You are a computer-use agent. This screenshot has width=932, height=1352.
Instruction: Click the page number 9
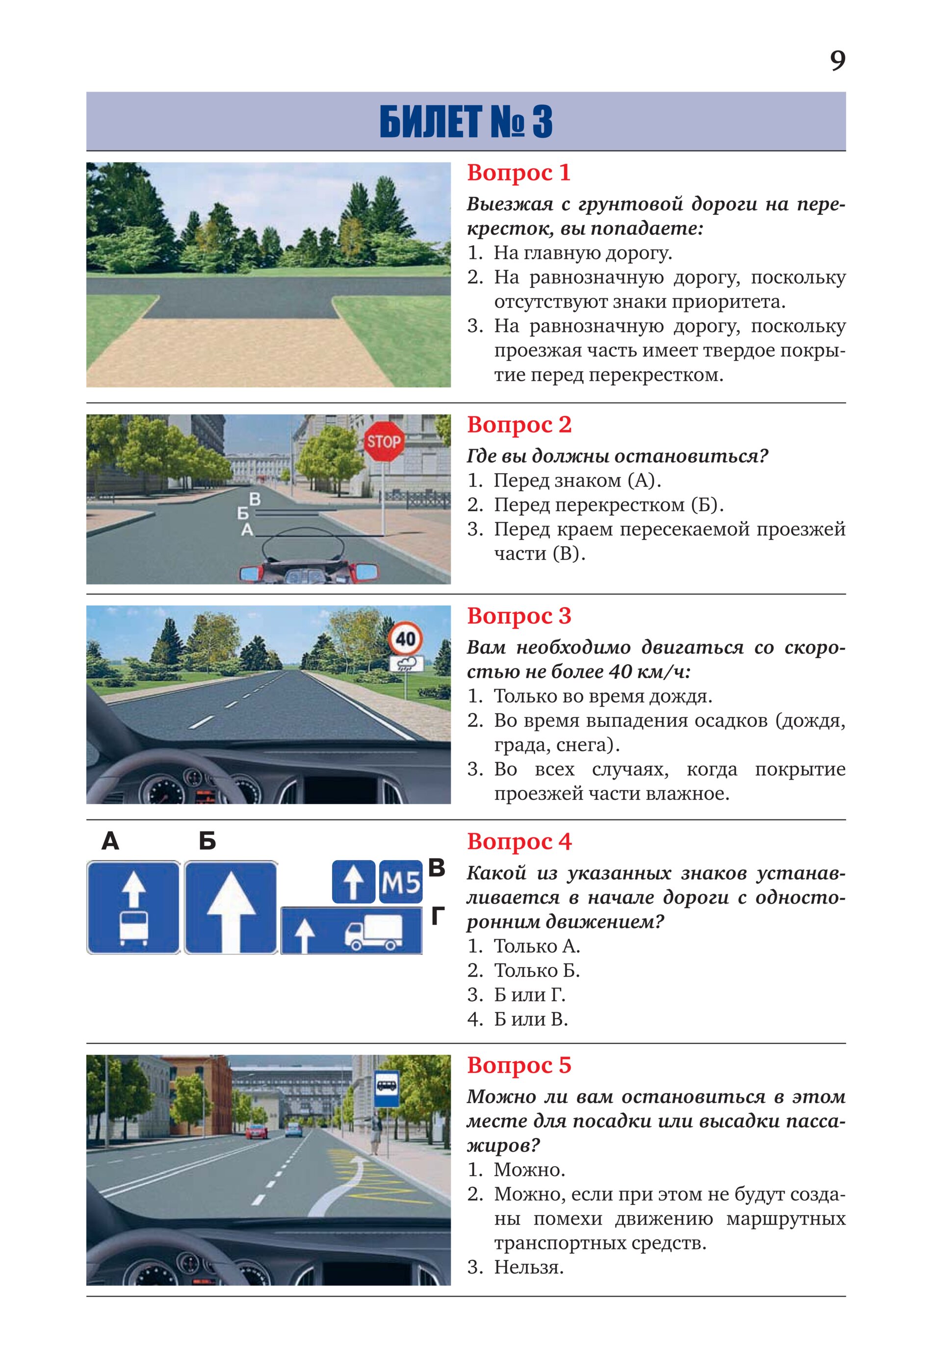(x=837, y=61)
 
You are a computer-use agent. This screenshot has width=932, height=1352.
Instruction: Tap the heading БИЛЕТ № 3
(x=466, y=122)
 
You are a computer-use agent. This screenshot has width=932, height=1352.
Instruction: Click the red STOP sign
(x=383, y=442)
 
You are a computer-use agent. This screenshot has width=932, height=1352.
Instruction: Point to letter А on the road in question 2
(x=248, y=530)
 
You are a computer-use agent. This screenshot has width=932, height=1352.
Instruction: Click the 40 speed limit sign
(x=405, y=638)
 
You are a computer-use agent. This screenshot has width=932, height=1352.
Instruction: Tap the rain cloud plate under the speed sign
(x=407, y=663)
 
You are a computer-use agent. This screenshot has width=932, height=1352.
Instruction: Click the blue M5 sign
(x=401, y=882)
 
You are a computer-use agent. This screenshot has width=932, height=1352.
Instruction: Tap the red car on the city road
(x=257, y=1132)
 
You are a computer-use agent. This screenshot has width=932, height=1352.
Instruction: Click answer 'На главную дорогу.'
(x=583, y=253)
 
